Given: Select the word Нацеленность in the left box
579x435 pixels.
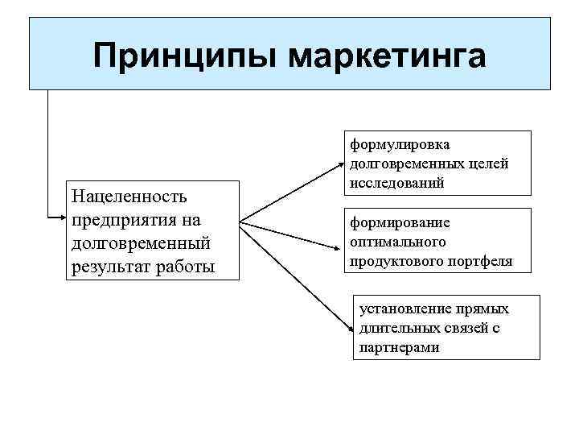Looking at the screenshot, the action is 129,196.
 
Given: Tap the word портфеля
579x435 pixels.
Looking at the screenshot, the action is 480,262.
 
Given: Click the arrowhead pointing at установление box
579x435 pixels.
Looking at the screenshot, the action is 351,329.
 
